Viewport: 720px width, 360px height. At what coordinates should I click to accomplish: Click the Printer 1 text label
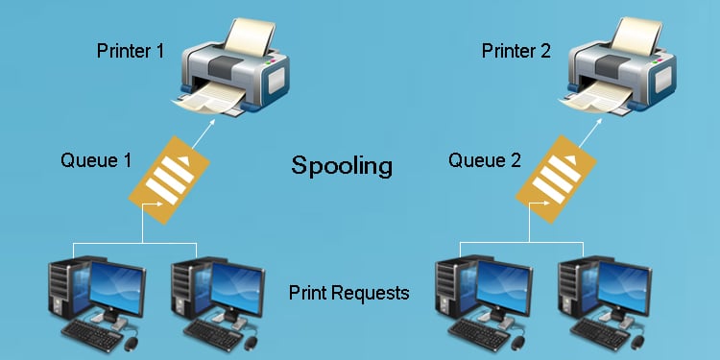137,50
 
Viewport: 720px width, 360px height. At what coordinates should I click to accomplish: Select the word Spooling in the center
342,165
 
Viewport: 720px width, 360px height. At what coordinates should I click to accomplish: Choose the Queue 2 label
484,159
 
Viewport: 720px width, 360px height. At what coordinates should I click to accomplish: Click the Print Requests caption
348,292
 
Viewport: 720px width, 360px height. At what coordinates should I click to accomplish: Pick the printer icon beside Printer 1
229,66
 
